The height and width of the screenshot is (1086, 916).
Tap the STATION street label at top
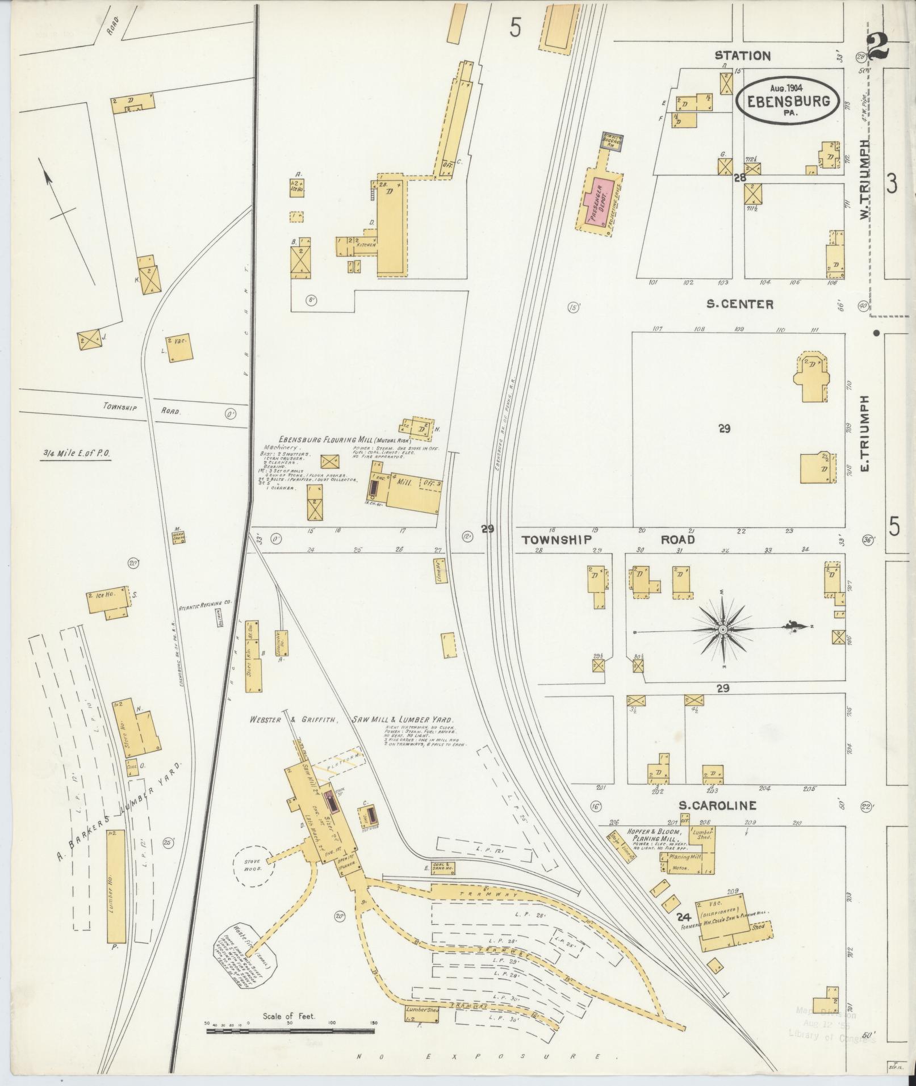[x=742, y=56]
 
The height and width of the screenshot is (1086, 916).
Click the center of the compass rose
[x=722, y=630]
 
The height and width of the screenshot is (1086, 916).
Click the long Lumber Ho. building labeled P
[x=115, y=892]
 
